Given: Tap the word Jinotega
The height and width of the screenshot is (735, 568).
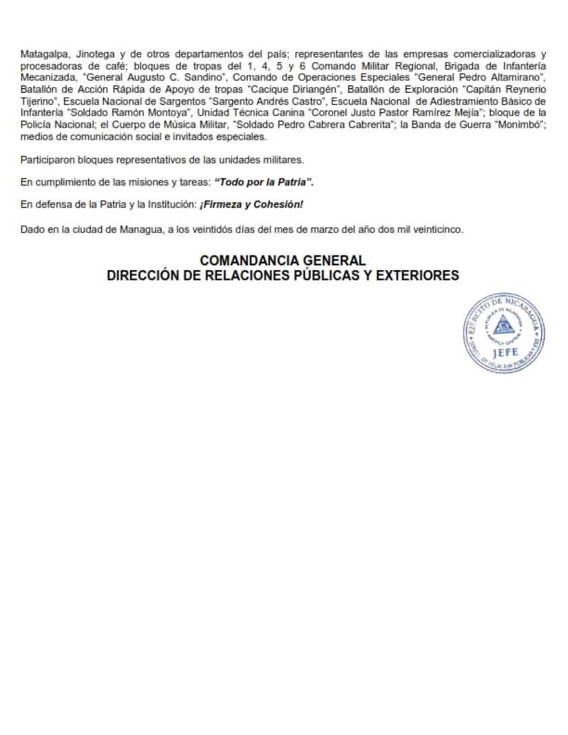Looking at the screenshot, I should (x=95, y=54).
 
